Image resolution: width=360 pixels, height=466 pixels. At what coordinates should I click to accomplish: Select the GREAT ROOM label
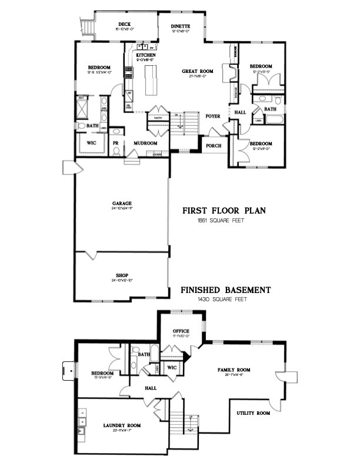[x=195, y=72]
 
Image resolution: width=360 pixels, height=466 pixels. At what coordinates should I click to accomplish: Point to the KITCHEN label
[x=145, y=55]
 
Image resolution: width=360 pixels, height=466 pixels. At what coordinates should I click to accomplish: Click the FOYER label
[x=212, y=116]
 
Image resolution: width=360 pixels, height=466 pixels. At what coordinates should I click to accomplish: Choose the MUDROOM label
[x=144, y=142]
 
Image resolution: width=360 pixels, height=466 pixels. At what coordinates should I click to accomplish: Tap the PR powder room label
[x=116, y=142]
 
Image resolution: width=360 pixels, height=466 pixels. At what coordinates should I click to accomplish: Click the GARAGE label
[x=122, y=203]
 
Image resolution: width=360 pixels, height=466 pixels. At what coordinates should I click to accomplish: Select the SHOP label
[x=122, y=275]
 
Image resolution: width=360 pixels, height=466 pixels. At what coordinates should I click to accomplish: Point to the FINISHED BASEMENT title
[x=225, y=290]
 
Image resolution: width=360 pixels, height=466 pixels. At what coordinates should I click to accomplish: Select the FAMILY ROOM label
[x=234, y=370]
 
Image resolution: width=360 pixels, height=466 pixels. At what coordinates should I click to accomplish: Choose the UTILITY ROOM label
[x=254, y=413]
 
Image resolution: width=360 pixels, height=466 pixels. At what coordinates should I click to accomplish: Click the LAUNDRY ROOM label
[x=122, y=425]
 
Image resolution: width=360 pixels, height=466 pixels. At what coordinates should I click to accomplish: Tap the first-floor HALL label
[x=241, y=111]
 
